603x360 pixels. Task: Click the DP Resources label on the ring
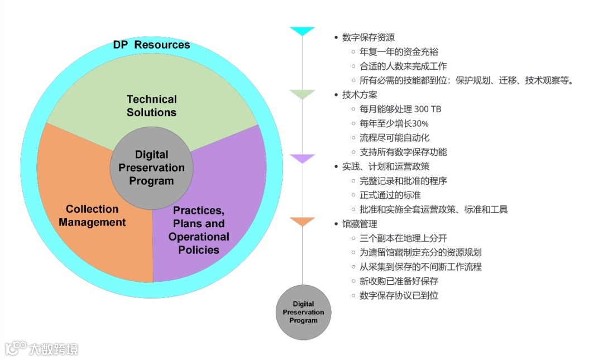click(x=151, y=45)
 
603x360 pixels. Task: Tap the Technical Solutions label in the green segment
click(x=151, y=105)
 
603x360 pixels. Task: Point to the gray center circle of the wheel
click(x=151, y=167)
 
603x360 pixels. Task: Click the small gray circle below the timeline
click(x=303, y=313)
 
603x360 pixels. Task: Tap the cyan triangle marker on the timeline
click(x=303, y=31)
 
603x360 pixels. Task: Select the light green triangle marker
click(x=303, y=94)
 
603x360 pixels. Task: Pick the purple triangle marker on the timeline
click(x=303, y=159)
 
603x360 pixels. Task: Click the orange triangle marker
click(x=303, y=222)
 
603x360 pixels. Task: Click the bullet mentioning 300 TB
click(x=400, y=109)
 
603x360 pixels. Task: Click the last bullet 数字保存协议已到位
click(x=399, y=295)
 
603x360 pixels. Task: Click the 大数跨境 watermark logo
click(x=42, y=349)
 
